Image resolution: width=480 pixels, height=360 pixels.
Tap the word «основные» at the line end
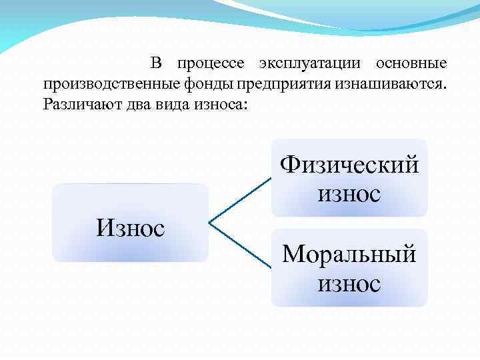[411, 64]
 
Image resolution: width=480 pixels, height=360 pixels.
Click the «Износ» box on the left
[130, 223]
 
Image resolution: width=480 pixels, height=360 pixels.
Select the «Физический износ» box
[349, 178]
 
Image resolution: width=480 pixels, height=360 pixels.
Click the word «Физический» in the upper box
[349, 163]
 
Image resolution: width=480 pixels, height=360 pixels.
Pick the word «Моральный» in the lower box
[349, 253]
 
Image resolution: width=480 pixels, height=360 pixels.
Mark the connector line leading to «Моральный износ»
[240, 245]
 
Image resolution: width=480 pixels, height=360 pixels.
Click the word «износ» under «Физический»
[349, 194]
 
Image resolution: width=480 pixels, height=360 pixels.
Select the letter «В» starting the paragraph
[156, 64]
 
